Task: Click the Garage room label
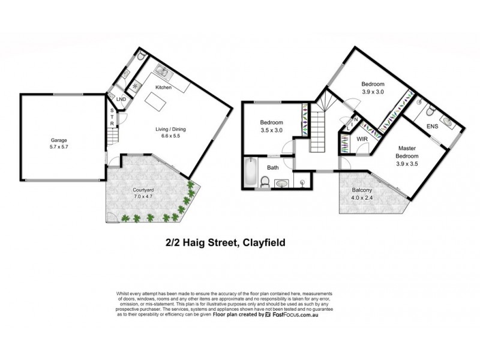point(58,140)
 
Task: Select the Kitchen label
point(163,88)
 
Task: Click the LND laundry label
point(121,99)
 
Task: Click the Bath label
point(273,167)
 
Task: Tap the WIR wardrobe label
point(362,139)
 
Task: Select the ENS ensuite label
point(432,127)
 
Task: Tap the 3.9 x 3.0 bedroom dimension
point(373,91)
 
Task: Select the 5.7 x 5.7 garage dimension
point(58,146)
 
